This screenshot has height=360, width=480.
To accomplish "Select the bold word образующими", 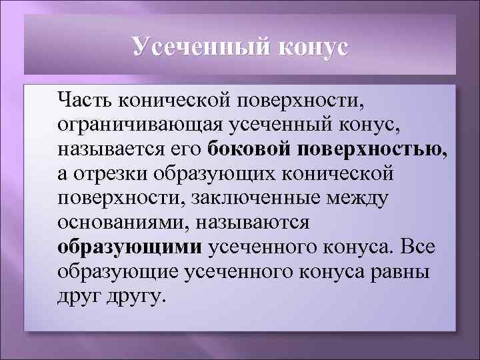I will pos(130,247).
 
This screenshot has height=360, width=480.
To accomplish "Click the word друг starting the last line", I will pos(78,295).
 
